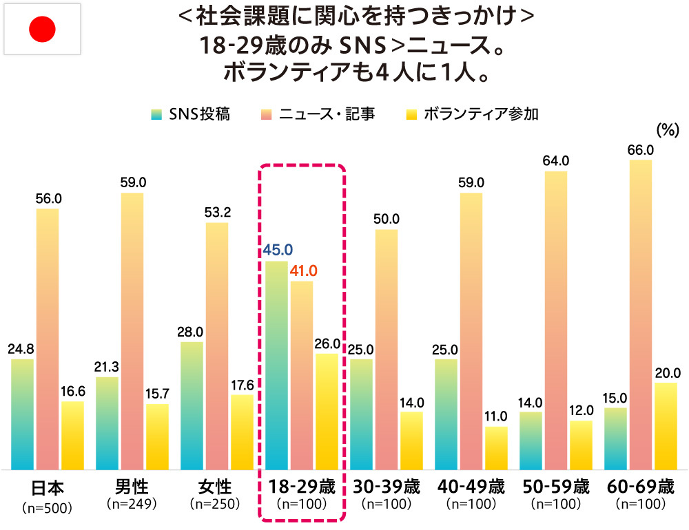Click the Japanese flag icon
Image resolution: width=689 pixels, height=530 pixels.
point(42,29)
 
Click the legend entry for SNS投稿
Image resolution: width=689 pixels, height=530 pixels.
point(191,114)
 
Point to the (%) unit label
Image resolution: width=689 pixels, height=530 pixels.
point(668,129)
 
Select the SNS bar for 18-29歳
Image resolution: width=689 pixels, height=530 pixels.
point(276,365)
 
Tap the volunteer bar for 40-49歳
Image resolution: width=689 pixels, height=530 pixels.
point(496,448)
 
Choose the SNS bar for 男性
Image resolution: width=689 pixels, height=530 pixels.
point(107,423)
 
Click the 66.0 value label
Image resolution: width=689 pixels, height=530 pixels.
point(640,149)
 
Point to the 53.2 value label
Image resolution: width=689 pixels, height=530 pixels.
point(217,212)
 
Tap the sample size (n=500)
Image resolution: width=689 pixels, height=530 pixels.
point(48,508)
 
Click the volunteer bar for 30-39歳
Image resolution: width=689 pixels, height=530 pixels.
point(411,441)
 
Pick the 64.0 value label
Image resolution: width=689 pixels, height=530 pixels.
point(555,161)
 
